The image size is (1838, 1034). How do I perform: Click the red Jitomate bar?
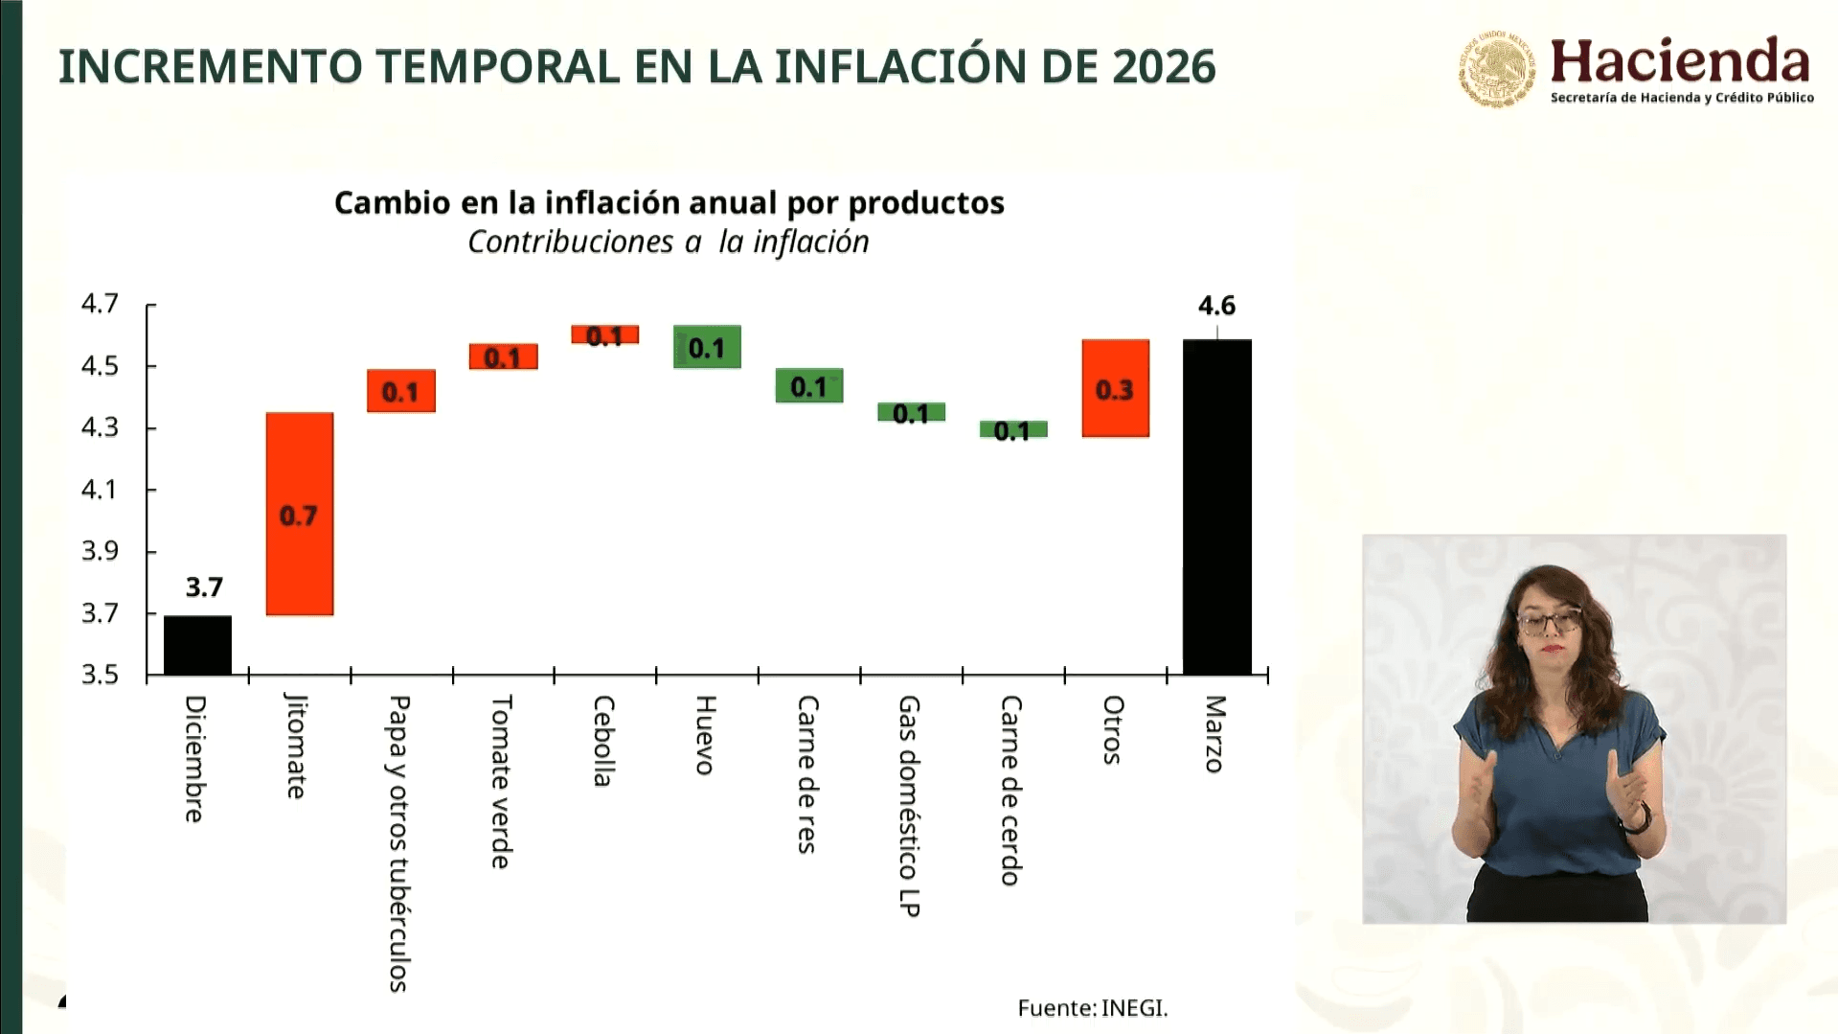coord(300,514)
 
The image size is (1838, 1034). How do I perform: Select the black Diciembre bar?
coord(197,645)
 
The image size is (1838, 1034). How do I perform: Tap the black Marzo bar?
coord(1216,508)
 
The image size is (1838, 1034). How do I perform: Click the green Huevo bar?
coord(707,347)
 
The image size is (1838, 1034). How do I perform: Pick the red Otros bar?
coord(1115,388)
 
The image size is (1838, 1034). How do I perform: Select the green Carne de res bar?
coord(809,385)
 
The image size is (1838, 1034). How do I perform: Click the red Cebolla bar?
coord(604,334)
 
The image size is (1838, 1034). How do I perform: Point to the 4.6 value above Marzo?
coord(1216,306)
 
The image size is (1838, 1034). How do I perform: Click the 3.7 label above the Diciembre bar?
coord(204,586)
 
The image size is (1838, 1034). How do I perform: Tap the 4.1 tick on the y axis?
coord(100,490)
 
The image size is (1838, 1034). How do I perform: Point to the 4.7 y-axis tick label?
coord(100,304)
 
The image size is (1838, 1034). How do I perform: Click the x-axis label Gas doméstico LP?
coord(909,805)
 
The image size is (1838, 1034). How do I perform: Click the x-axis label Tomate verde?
coord(501,782)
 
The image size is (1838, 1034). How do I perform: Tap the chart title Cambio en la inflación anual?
coord(669,203)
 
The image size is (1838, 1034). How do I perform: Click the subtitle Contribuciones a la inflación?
coord(669,242)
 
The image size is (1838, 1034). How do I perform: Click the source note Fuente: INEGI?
coord(1092,1008)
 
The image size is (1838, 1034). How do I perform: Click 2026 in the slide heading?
coord(1164,67)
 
